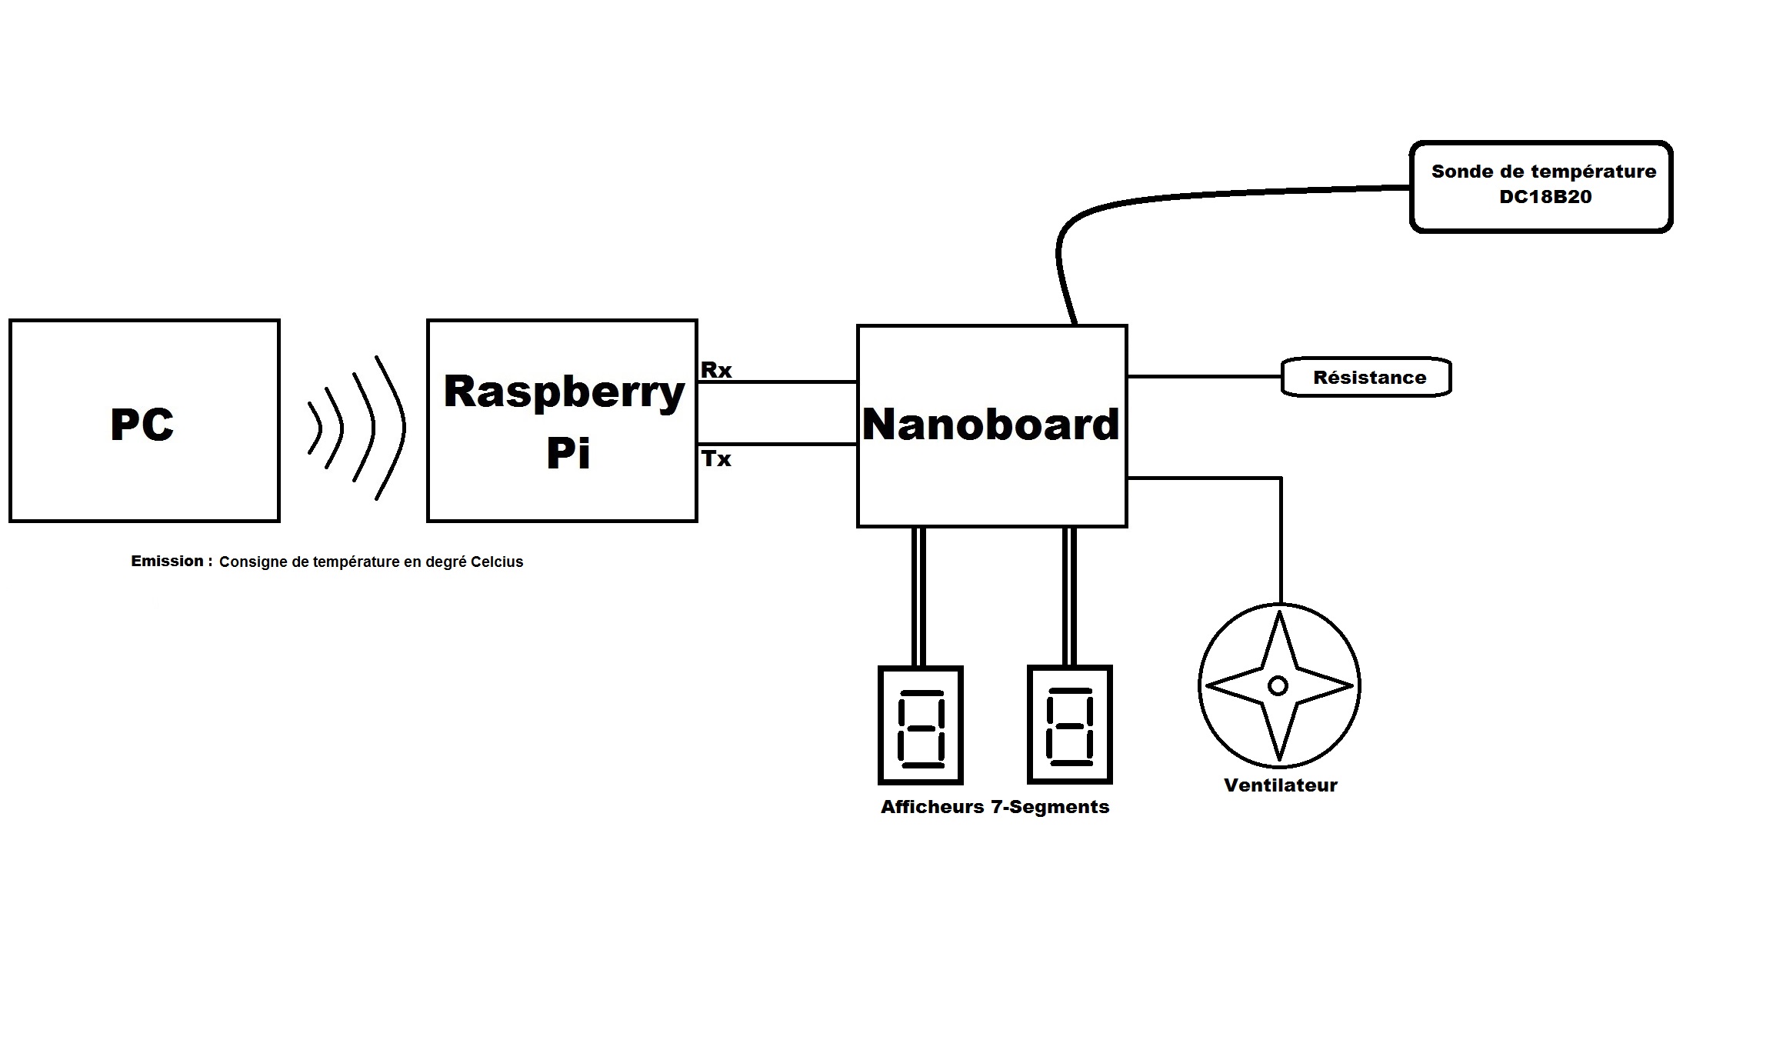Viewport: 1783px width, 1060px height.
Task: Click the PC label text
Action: pos(142,425)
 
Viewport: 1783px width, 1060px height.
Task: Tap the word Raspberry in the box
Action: pos(564,392)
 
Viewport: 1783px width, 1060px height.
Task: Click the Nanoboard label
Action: pos(991,425)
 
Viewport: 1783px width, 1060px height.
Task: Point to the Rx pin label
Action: pos(715,370)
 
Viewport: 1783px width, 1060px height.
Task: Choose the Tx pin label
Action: pos(715,459)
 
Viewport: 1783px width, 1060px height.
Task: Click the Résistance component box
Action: pos(1367,378)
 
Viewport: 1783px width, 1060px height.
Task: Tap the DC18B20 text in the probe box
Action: pos(1545,197)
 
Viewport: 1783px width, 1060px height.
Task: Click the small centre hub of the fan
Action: pos(1278,685)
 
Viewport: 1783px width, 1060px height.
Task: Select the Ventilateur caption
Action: pos(1280,785)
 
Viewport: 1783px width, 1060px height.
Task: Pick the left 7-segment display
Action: pos(920,725)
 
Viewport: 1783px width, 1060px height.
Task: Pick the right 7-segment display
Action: pos(1069,725)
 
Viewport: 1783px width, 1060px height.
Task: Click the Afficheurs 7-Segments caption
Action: pos(995,807)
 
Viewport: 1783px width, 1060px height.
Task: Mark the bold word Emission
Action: pos(168,562)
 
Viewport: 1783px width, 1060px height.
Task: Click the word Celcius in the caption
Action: pos(497,562)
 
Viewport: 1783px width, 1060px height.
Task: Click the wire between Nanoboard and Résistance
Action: pos(1204,376)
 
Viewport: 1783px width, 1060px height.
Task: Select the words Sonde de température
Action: pos(1543,172)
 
